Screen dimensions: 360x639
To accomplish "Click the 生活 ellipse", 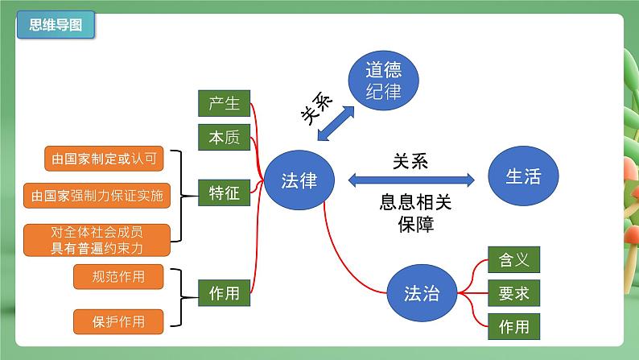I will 523,177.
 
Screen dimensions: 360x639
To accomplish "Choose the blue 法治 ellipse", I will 421,293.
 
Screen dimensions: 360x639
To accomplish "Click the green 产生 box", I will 224,104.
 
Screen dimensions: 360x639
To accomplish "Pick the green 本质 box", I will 224,139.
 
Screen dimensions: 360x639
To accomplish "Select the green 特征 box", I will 224,193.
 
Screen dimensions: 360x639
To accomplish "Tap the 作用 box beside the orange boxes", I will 224,293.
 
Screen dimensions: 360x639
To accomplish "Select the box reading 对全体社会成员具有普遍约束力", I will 97,240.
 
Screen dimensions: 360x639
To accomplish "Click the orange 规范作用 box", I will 119,277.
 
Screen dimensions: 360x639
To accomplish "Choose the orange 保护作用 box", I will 119,321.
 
